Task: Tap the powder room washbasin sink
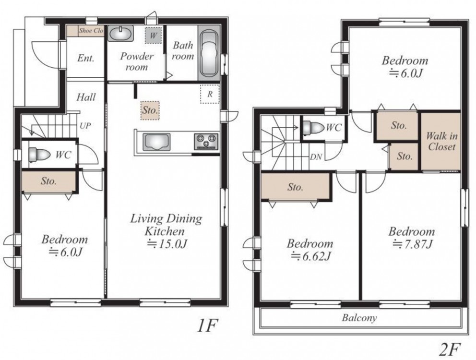(x=120, y=34)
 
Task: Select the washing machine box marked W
(x=153, y=35)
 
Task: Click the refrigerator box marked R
(x=210, y=94)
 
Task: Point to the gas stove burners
(x=206, y=141)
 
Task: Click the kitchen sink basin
(x=156, y=142)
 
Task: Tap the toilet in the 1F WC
(x=38, y=155)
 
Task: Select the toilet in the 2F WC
(x=313, y=127)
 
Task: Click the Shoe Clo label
(x=91, y=31)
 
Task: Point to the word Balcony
(x=359, y=318)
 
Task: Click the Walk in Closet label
(x=442, y=141)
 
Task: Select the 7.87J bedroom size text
(x=412, y=244)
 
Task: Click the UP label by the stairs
(x=85, y=125)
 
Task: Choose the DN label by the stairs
(x=316, y=157)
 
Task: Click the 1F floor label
(x=208, y=326)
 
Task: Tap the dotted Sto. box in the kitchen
(x=150, y=110)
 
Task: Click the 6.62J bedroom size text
(x=310, y=256)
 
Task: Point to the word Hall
(x=86, y=97)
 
